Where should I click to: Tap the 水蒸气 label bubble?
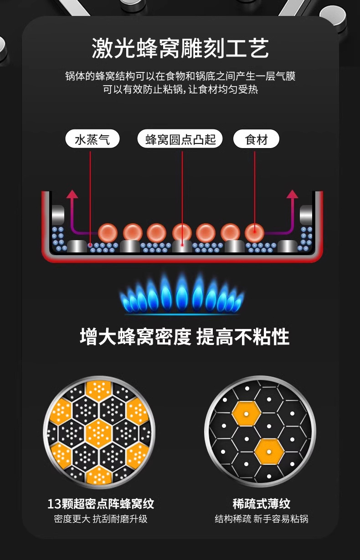point(92,139)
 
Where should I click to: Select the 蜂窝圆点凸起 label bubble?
point(180,139)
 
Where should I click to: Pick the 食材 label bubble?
point(256,139)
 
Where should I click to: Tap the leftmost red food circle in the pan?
point(108,232)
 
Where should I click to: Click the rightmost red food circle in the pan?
point(255,232)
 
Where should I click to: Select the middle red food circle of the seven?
point(181,232)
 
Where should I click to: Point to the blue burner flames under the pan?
point(181,295)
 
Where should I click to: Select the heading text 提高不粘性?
point(242,338)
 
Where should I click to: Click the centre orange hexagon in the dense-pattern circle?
point(99,432)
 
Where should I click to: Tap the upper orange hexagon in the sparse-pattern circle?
point(246,413)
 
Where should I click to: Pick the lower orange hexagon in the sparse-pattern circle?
point(268,451)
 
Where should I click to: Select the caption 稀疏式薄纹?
point(261,504)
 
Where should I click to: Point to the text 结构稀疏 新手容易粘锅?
point(261,519)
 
